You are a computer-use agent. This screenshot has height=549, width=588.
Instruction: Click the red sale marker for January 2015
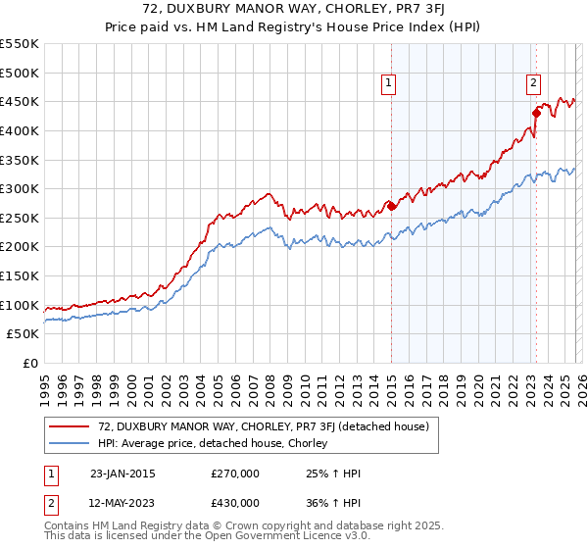[391, 206]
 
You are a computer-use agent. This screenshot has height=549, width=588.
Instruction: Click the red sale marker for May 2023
[535, 113]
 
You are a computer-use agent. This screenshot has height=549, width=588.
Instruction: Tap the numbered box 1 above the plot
[390, 83]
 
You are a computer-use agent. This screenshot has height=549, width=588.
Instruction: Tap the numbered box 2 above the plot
[534, 83]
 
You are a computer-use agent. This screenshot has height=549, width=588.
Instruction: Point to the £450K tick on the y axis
[19, 101]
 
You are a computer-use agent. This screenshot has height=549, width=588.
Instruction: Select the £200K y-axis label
[19, 247]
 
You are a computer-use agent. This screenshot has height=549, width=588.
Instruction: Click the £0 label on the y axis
[28, 363]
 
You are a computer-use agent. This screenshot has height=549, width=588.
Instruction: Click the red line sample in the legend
[71, 426]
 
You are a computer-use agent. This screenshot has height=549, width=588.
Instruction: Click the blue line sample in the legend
[71, 444]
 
